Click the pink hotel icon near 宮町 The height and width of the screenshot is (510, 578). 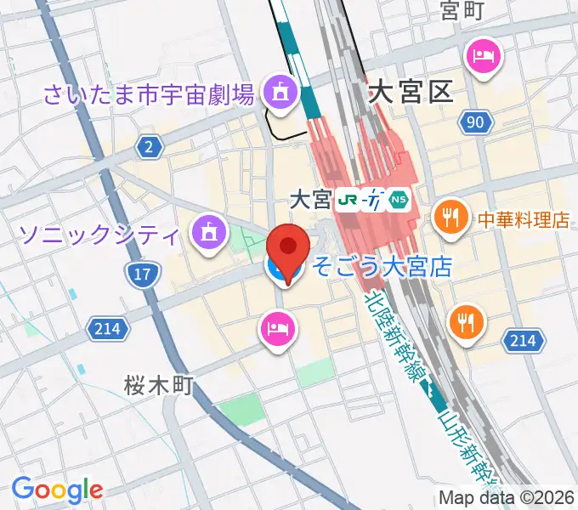(x=483, y=57)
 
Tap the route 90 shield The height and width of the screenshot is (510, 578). (x=478, y=123)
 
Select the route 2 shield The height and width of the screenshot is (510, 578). (x=150, y=148)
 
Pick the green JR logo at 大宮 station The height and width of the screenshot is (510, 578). (x=346, y=200)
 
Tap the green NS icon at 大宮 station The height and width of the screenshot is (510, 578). (x=399, y=200)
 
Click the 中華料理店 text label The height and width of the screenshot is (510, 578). (x=524, y=219)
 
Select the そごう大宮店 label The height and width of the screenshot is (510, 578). (x=381, y=268)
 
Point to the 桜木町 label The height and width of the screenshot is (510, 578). (x=159, y=385)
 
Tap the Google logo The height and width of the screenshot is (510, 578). (x=57, y=490)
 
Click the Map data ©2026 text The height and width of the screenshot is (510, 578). (x=507, y=497)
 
